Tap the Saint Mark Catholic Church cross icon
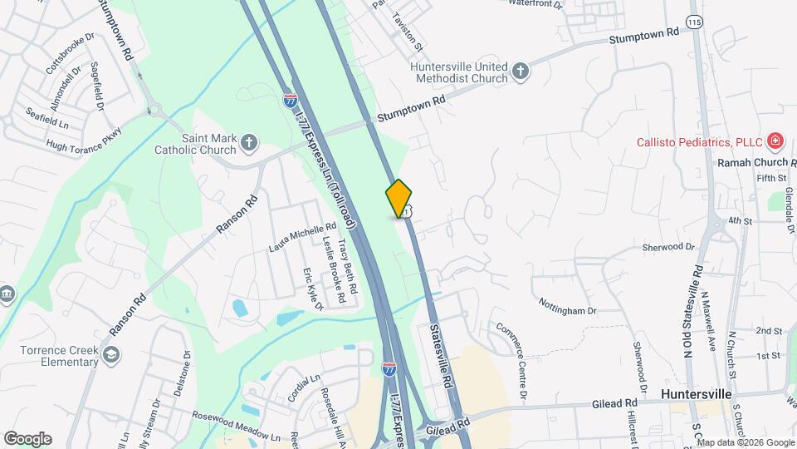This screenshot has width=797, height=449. coord(248,144)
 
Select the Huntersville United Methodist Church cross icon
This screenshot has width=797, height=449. coord(521,71)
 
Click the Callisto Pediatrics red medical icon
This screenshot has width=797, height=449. coord(775,141)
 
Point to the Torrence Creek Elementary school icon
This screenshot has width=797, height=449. coord(110,356)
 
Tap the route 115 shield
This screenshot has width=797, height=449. coord(696,19)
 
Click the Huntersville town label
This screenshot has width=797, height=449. coord(696,392)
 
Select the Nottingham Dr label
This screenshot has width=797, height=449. coord(568,305)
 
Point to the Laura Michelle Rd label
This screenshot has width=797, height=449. coord(301,237)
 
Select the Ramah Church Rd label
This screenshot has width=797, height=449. coord(755,162)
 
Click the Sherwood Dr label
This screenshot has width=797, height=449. coord(667,247)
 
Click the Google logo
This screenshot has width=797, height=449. coord(27,438)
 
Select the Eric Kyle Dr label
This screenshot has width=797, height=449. coord(312,289)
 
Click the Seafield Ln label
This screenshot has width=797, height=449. coord(46,117)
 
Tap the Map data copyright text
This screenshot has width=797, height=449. coord(746,442)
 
